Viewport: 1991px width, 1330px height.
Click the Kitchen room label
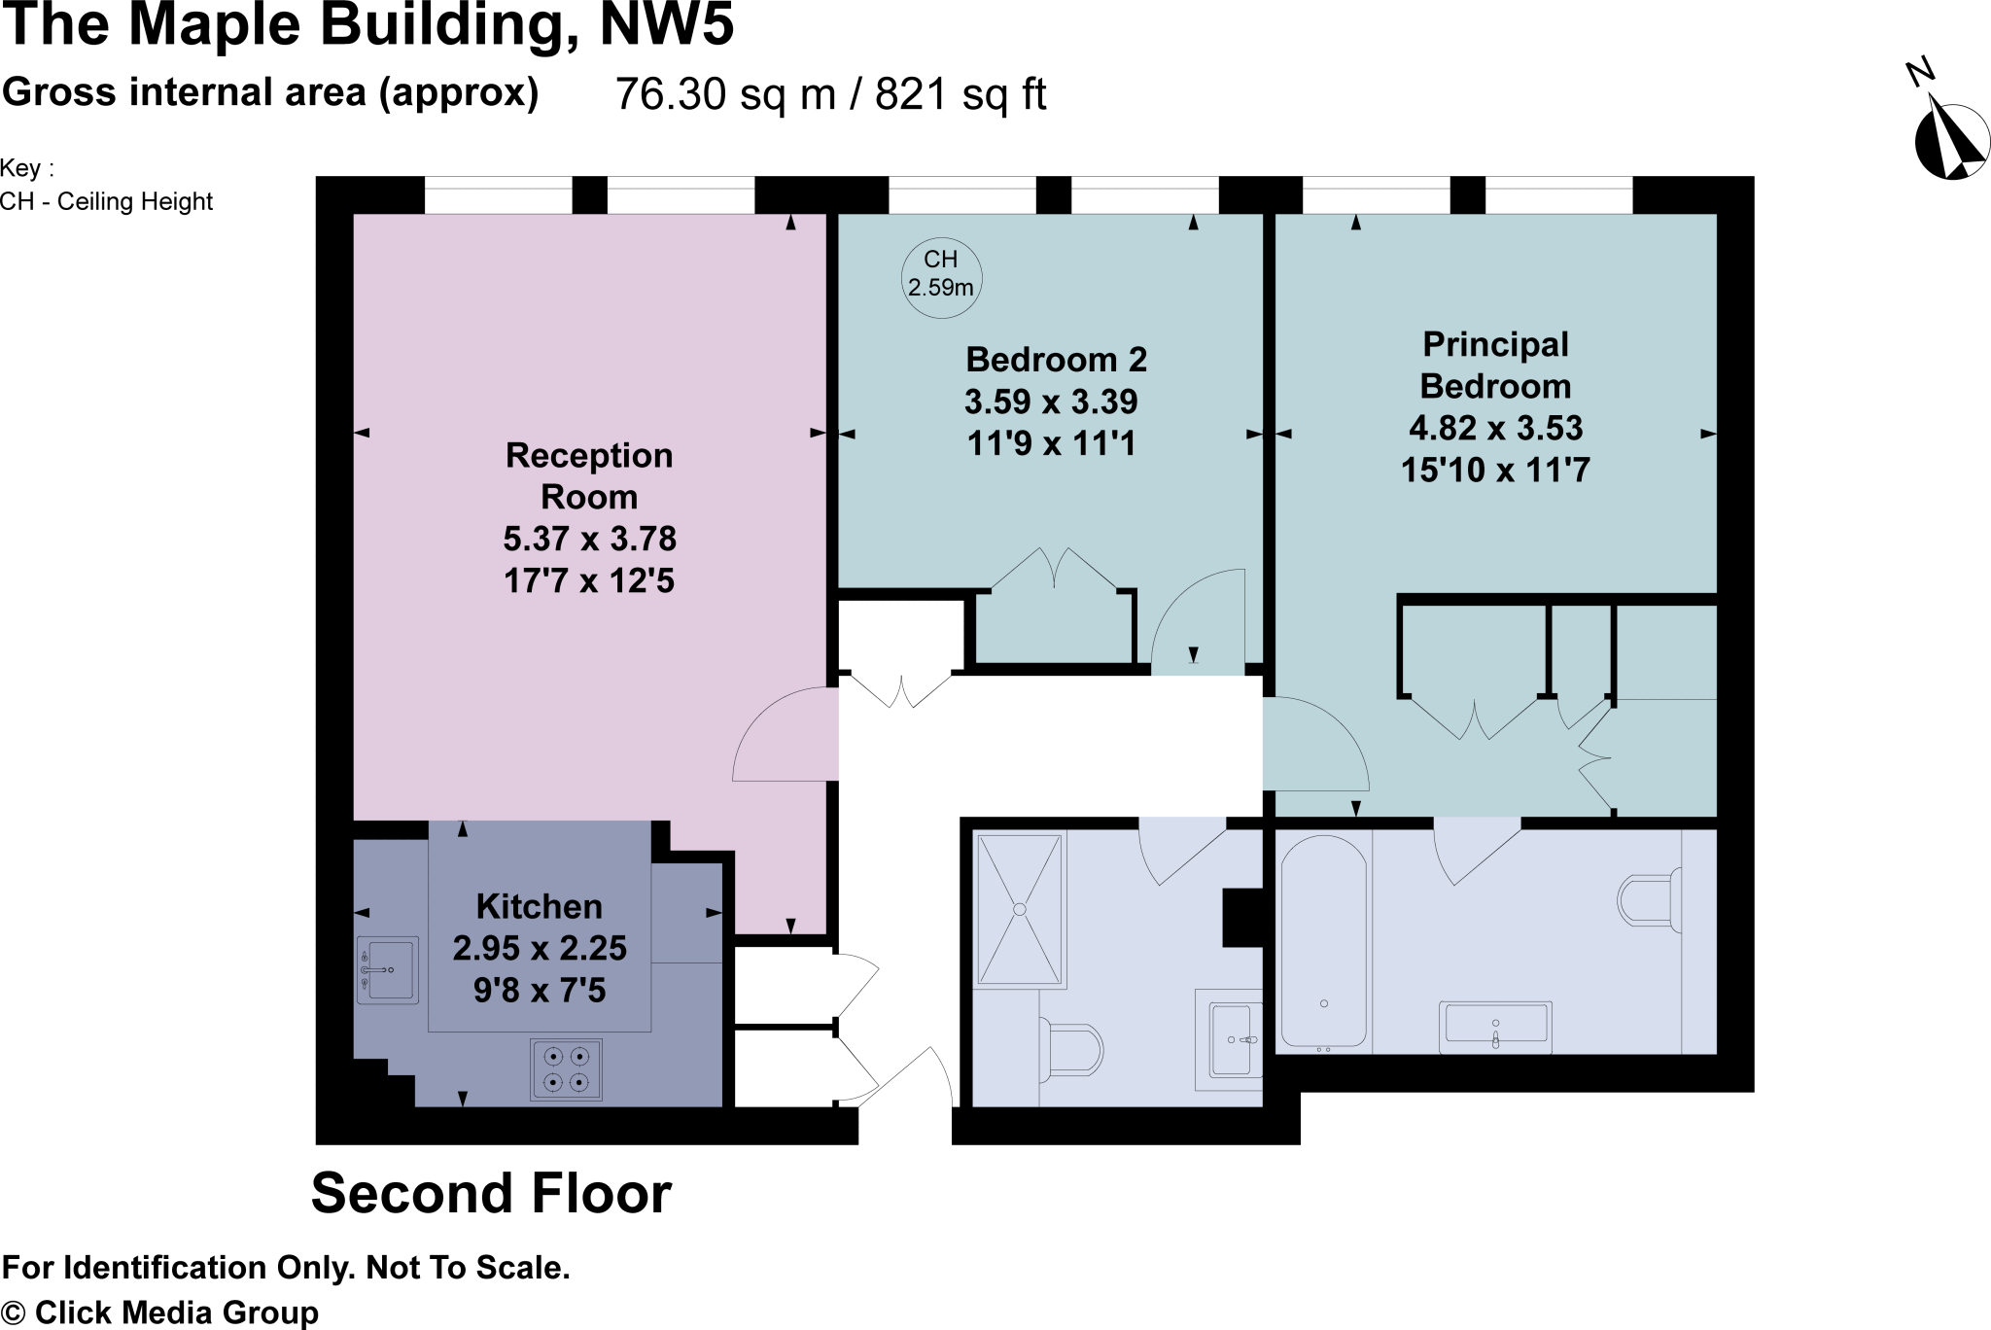(540, 906)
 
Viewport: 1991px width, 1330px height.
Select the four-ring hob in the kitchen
(566, 1068)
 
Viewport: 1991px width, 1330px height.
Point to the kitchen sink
(388, 969)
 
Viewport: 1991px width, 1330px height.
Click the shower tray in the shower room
(1020, 909)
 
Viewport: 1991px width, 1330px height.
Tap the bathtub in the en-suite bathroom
(1323, 941)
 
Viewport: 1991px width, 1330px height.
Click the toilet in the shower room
(1072, 1048)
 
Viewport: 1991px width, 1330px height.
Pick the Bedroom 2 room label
(1056, 360)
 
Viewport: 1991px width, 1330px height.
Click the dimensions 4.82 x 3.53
(1495, 428)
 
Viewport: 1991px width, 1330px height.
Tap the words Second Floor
(491, 1193)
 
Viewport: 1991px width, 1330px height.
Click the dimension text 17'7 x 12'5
(588, 580)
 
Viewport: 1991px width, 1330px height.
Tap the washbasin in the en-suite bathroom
(1494, 1026)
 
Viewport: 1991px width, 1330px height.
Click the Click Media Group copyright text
(160, 1312)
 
